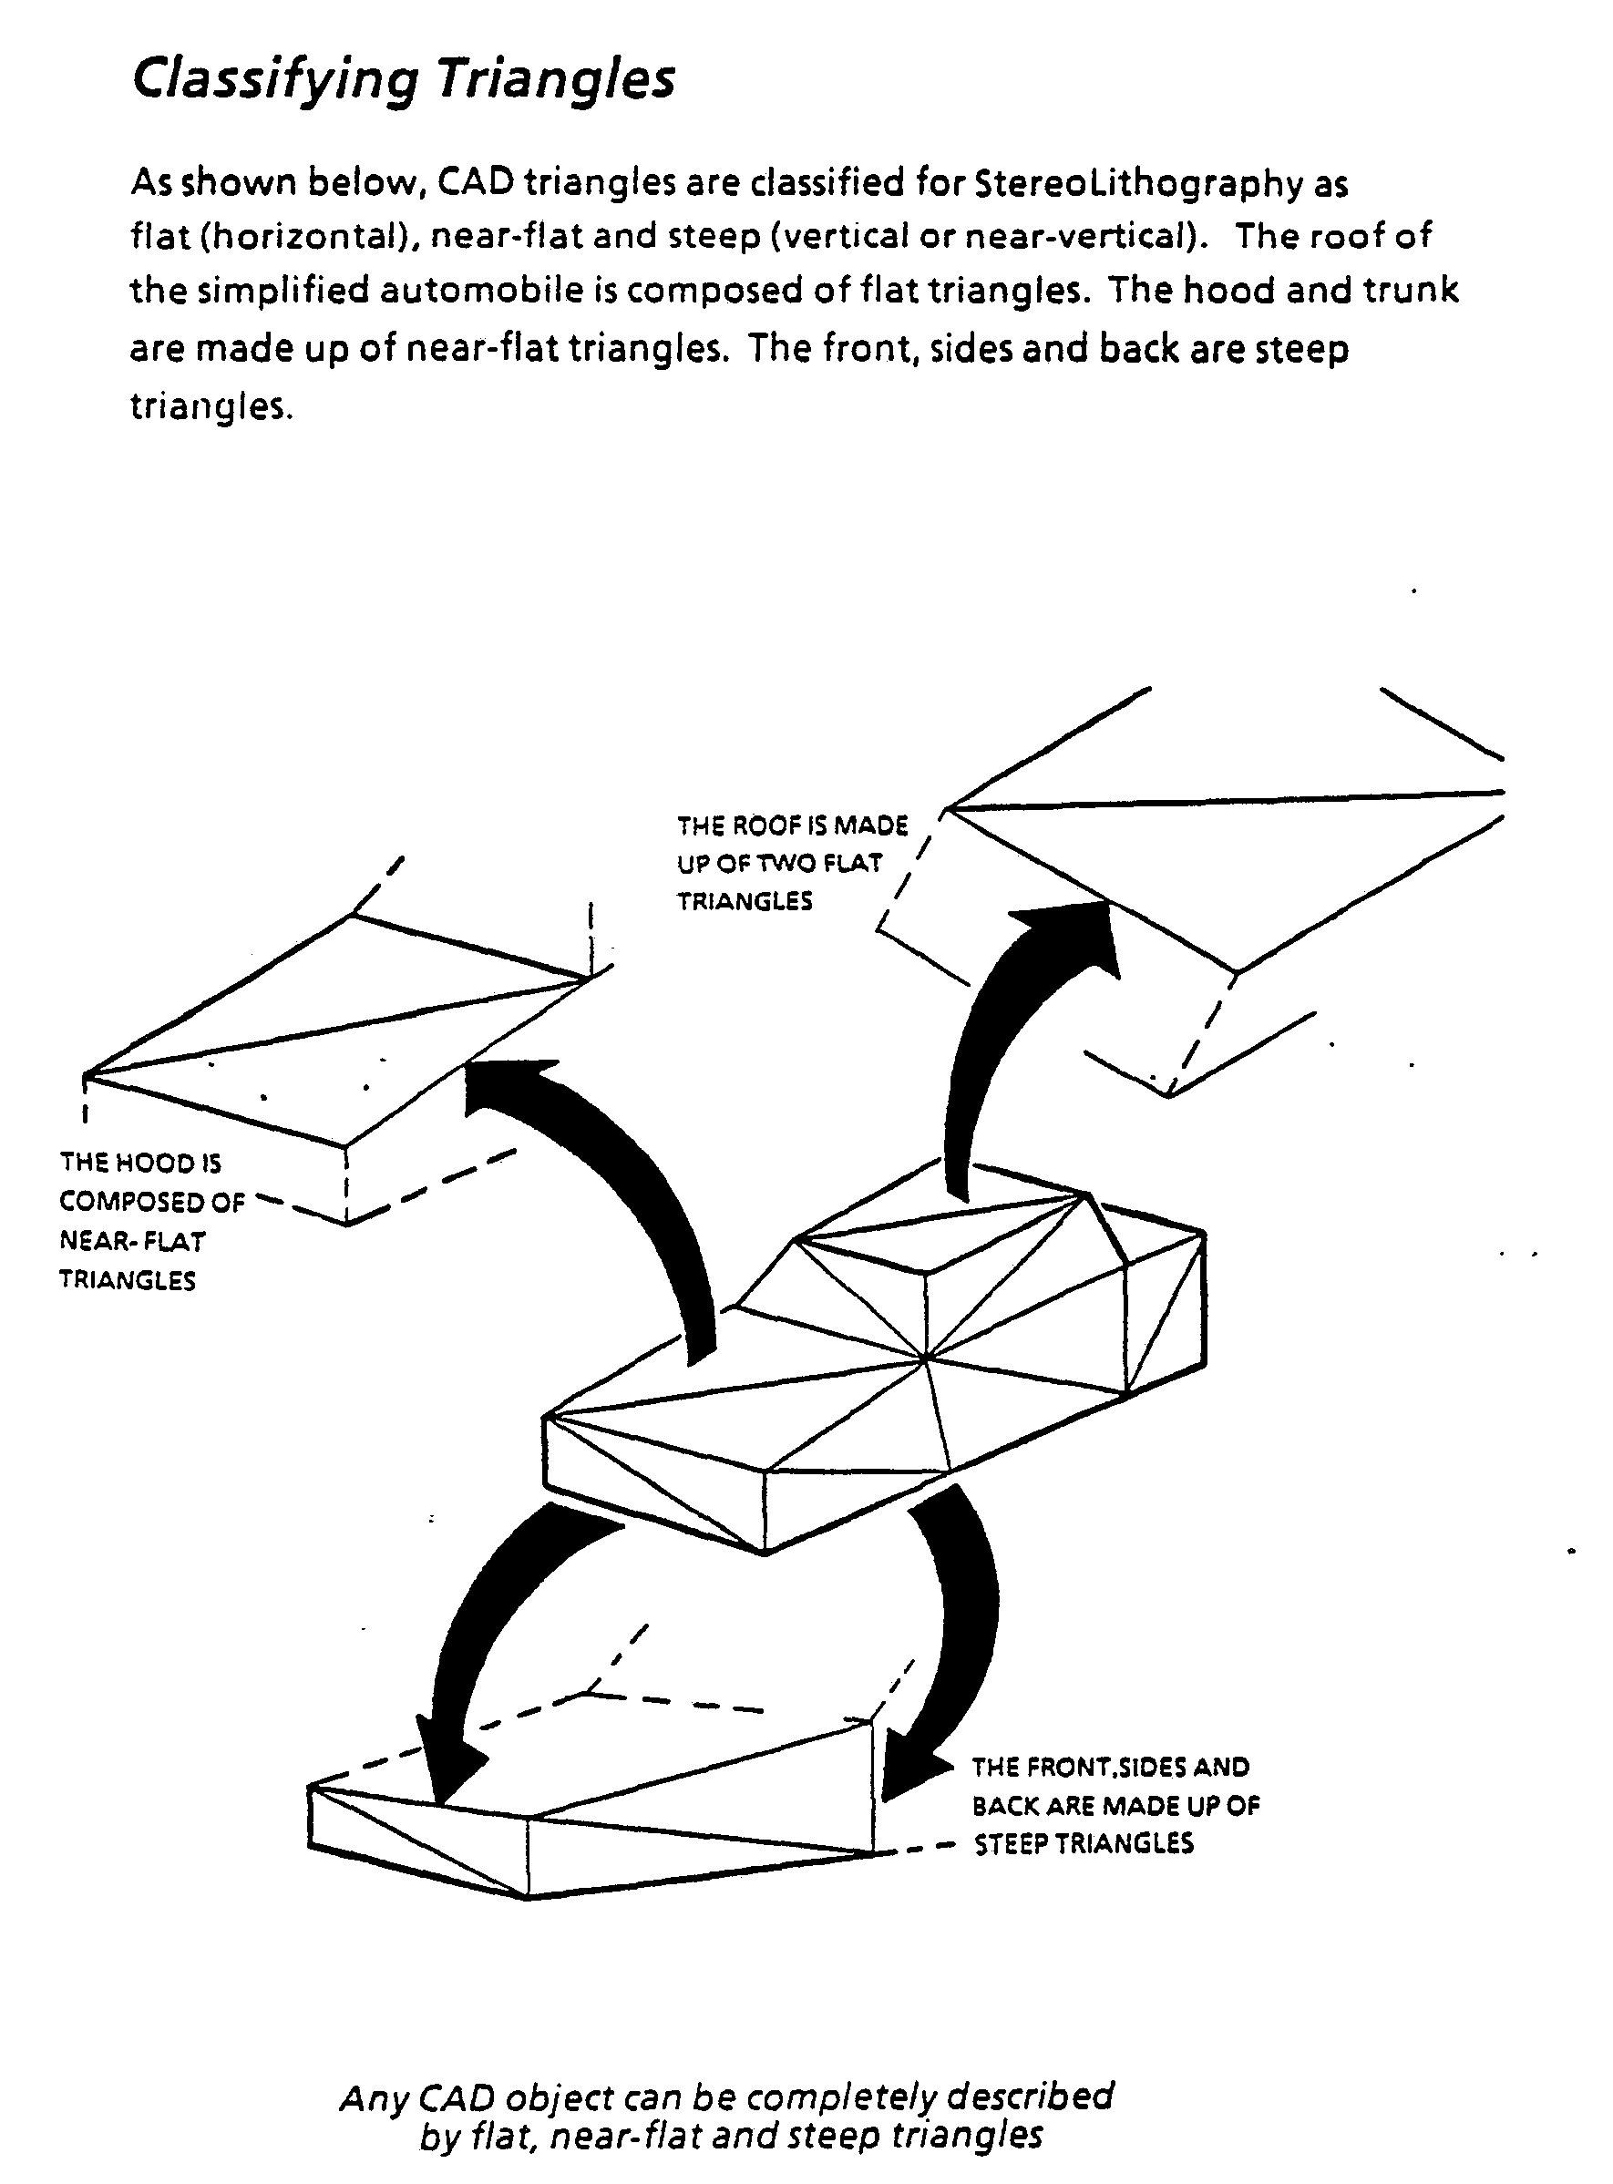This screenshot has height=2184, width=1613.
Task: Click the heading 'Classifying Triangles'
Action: point(403,80)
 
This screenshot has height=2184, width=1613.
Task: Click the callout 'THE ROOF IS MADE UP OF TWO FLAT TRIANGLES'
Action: point(793,863)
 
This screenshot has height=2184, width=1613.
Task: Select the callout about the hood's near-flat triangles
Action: point(151,1221)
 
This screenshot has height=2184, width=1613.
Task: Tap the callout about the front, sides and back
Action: point(1116,1805)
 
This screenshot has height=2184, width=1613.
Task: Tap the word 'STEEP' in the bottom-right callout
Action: point(1013,1843)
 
